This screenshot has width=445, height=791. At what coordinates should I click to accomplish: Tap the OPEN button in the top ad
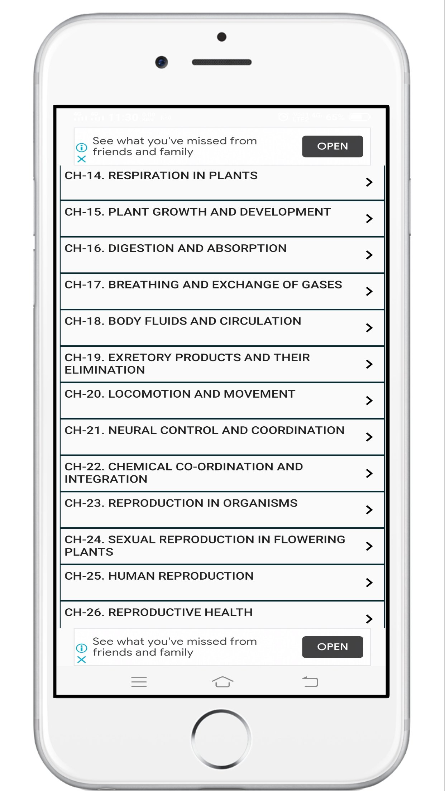pyautogui.click(x=332, y=146)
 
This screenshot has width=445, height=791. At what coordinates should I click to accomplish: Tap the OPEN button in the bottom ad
pyautogui.click(x=332, y=647)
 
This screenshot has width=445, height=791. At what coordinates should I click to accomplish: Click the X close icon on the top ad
pyautogui.click(x=82, y=159)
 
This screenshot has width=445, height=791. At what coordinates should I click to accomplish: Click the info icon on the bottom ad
pyautogui.click(x=82, y=648)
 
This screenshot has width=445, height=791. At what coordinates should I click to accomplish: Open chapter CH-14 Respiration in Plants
pyautogui.click(x=161, y=176)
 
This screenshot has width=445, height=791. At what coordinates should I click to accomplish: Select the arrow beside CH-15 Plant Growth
pyautogui.click(x=369, y=219)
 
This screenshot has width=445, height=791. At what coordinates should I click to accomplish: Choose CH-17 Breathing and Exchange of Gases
pyautogui.click(x=203, y=285)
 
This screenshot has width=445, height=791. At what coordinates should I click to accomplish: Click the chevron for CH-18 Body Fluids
pyautogui.click(x=369, y=327)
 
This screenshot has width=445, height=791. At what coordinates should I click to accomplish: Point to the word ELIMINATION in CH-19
pyautogui.click(x=105, y=370)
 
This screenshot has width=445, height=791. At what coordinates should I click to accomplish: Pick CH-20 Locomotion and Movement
pyautogui.click(x=180, y=394)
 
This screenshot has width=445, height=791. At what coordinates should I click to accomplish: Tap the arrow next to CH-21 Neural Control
pyautogui.click(x=369, y=437)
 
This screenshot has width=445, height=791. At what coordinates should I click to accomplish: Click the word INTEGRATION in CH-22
pyautogui.click(x=106, y=479)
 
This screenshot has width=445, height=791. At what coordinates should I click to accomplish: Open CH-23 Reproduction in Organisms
pyautogui.click(x=181, y=503)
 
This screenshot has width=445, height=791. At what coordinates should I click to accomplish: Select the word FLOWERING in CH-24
pyautogui.click(x=309, y=540)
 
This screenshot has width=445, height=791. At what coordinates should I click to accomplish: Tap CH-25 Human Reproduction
pyautogui.click(x=159, y=576)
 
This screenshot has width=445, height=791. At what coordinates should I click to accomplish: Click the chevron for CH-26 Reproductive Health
pyautogui.click(x=369, y=619)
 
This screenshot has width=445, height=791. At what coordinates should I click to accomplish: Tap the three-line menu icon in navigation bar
pyautogui.click(x=139, y=682)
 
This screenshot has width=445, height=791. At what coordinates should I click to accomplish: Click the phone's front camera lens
pyautogui.click(x=162, y=62)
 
